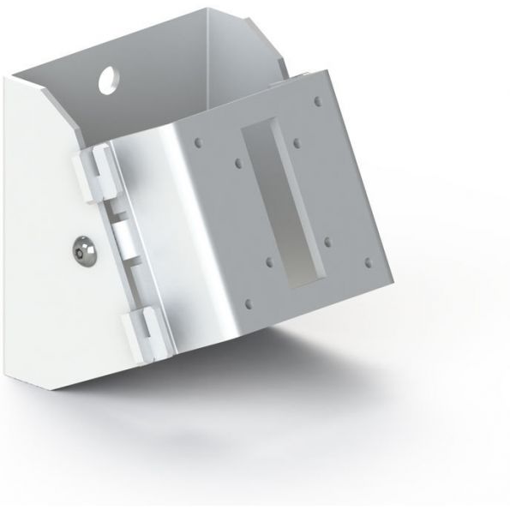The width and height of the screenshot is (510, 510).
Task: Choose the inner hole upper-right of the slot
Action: [x=296, y=141]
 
